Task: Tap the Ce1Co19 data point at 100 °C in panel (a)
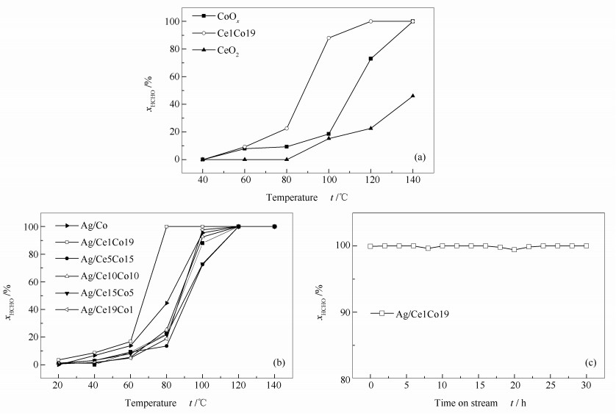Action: [x=329, y=37]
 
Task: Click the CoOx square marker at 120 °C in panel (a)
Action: [x=370, y=59]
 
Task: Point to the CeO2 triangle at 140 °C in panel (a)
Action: [x=412, y=96]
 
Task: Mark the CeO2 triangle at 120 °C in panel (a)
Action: [x=370, y=128]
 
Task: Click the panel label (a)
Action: [x=419, y=156]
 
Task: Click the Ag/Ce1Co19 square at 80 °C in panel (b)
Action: [x=167, y=226]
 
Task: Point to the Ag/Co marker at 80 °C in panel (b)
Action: [x=167, y=303]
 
